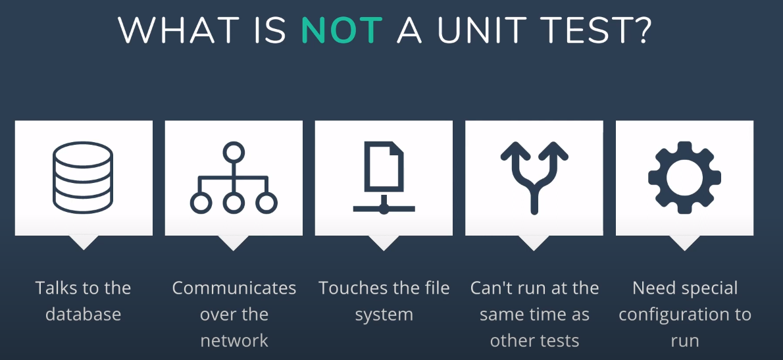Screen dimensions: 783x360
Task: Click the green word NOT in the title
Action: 341,30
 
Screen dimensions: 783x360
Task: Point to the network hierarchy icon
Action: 234,177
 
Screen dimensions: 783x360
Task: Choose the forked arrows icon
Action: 534,177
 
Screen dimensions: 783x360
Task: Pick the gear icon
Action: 684,177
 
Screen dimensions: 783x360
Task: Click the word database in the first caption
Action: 84,314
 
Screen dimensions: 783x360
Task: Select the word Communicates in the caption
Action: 234,288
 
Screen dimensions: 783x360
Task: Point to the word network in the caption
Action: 234,340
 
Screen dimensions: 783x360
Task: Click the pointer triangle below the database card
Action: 84,242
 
